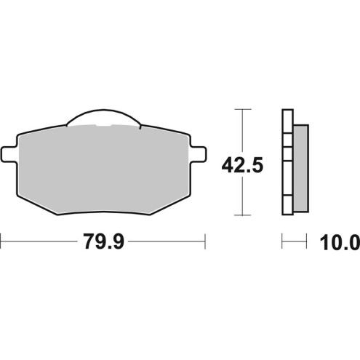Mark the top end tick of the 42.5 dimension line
pyautogui.click(x=241, y=110)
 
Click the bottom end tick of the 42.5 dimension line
pyautogui.click(x=241, y=216)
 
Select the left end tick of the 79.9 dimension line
pyautogui.click(x=1, y=241)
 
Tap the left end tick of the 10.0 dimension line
pyautogui.click(x=282, y=241)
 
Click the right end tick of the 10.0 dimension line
pyautogui.click(x=308, y=241)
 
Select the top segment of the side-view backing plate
pyautogui.click(x=287, y=121)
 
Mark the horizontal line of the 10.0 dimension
pyautogui.click(x=295, y=241)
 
